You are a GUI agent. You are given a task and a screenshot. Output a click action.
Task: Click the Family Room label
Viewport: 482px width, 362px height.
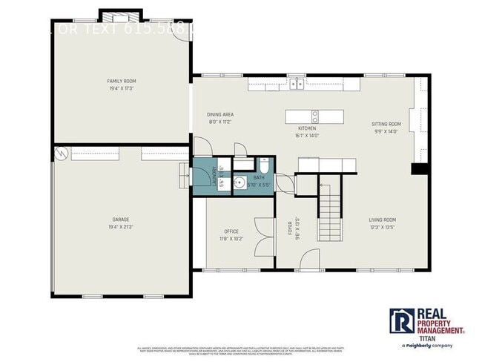click(x=122, y=81)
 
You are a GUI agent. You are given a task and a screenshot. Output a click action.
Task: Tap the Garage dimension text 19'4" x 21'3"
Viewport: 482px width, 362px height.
click(x=121, y=227)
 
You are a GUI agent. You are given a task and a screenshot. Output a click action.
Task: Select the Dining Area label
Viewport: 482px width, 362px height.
click(x=220, y=114)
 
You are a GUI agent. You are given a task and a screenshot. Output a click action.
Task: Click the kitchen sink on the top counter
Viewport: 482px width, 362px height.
click(x=297, y=84)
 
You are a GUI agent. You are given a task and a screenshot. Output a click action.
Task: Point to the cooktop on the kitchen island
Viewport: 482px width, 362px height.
click(x=315, y=116)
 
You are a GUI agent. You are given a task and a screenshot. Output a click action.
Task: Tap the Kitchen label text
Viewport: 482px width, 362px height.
click(x=307, y=128)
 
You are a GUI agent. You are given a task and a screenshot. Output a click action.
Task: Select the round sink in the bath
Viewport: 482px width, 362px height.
click(x=240, y=182)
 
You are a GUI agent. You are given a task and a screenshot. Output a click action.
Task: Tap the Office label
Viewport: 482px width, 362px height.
click(x=231, y=231)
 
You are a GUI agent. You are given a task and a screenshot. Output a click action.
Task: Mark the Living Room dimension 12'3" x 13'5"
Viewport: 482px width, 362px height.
click(x=383, y=227)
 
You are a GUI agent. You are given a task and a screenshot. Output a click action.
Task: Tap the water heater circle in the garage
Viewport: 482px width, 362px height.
click(x=59, y=154)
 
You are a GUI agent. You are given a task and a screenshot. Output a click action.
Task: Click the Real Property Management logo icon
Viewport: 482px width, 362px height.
click(x=401, y=321)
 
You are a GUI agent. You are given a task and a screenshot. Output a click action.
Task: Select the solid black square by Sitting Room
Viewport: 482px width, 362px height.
click(x=420, y=168)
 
